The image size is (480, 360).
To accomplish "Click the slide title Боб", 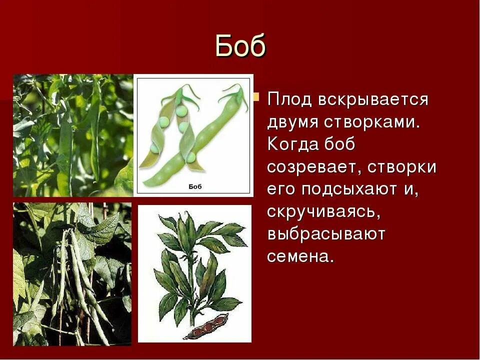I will (240, 46).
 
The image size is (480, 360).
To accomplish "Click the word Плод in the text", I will (288, 99).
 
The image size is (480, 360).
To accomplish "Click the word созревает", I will (313, 167).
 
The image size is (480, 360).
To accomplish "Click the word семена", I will (299, 257).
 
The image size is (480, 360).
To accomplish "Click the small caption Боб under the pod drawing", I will (194, 186).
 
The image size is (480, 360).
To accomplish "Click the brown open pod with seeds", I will (205, 327).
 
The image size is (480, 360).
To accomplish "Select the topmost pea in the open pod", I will (181, 110).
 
